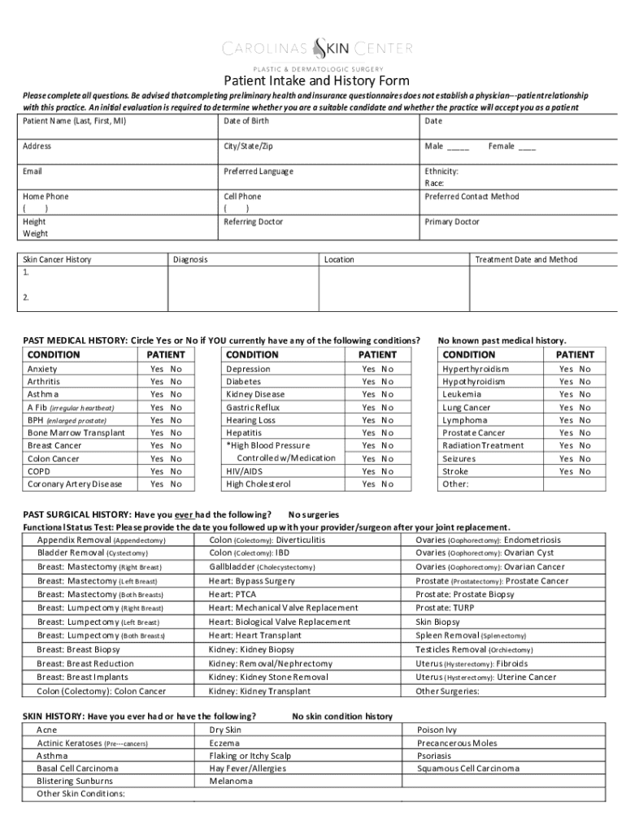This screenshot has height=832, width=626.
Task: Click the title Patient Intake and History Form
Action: [x=317, y=81]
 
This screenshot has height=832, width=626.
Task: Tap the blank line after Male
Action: [x=458, y=147]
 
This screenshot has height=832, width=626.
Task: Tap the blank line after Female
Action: [x=527, y=147]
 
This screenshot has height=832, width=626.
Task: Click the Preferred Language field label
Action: [x=259, y=171]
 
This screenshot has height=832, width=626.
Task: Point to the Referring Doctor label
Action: [x=253, y=222]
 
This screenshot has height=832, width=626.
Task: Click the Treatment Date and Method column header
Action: [x=525, y=260]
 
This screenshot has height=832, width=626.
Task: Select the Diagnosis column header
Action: [x=190, y=260]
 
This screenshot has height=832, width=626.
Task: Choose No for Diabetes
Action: [x=388, y=382]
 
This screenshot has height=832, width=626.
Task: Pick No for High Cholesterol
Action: [x=388, y=484]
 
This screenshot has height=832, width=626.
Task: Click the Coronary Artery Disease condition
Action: [x=75, y=484]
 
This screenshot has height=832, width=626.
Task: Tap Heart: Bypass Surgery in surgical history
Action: [x=252, y=581]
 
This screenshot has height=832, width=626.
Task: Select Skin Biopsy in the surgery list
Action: [x=437, y=622]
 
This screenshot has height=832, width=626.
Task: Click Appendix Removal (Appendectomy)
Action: [x=102, y=540]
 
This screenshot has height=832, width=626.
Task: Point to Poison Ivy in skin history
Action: [x=437, y=730]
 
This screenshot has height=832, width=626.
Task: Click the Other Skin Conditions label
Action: [x=80, y=794]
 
